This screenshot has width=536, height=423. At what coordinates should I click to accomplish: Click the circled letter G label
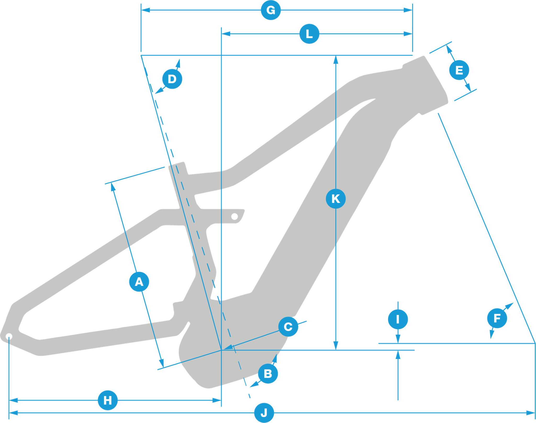click(x=271, y=10)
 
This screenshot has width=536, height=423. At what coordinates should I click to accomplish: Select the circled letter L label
click(x=309, y=34)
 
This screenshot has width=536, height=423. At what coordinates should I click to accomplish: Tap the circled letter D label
click(x=172, y=79)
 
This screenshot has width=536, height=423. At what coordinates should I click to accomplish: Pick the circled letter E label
click(x=459, y=70)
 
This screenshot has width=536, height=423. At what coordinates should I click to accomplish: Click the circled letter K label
click(x=336, y=199)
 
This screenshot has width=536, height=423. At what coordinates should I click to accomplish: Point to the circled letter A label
click(x=139, y=282)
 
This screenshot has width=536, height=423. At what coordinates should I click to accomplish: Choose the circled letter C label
click(x=288, y=327)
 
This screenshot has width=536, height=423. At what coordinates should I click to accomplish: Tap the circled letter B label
click(x=268, y=374)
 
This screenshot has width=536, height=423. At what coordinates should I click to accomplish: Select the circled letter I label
click(x=398, y=319)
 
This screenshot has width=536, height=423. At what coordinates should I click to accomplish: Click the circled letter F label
click(x=497, y=318)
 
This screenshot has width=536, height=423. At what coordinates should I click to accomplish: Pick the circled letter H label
click(x=108, y=400)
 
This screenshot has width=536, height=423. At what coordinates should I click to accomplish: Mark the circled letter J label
click(x=264, y=413)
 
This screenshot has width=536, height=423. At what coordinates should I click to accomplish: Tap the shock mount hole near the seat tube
click(x=234, y=216)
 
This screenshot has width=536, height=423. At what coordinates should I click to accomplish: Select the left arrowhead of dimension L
click(x=226, y=34)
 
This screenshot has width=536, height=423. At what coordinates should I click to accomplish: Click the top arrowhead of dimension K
click(x=336, y=60)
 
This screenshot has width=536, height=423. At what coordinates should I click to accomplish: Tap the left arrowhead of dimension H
click(x=13, y=400)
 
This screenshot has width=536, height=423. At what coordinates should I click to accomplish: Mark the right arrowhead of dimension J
click(x=531, y=413)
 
